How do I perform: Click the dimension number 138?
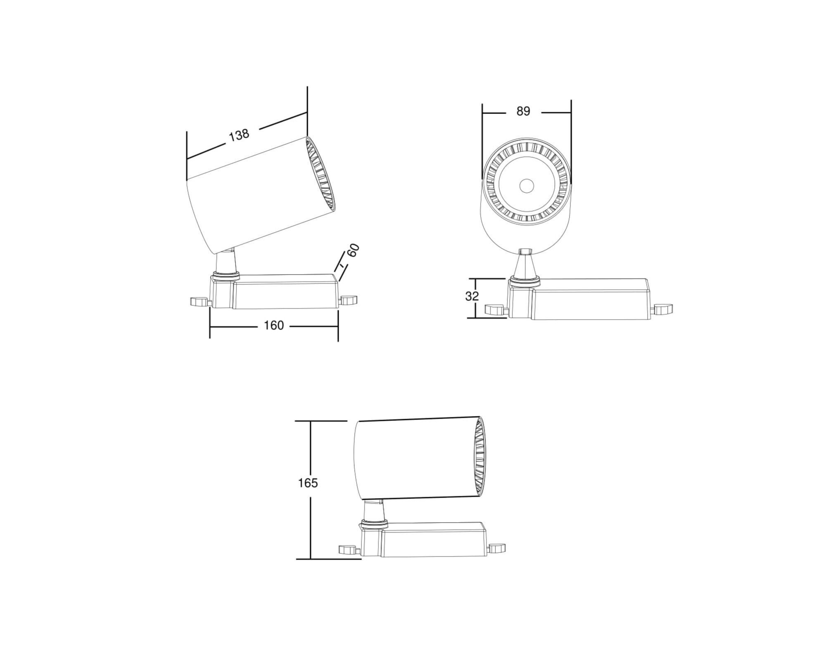click(x=239, y=135)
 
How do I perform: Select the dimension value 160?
click(x=274, y=325)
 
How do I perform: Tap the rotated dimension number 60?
click(x=353, y=250)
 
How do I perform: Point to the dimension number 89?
click(x=523, y=111)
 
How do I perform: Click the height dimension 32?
click(x=472, y=296)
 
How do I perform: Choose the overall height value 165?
click(x=308, y=483)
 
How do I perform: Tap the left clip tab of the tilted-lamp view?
click(x=199, y=302)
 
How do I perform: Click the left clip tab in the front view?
click(x=495, y=309)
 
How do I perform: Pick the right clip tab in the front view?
click(x=663, y=308)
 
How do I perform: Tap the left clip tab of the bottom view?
click(x=348, y=549)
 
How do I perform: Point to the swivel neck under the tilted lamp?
click(x=226, y=263)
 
